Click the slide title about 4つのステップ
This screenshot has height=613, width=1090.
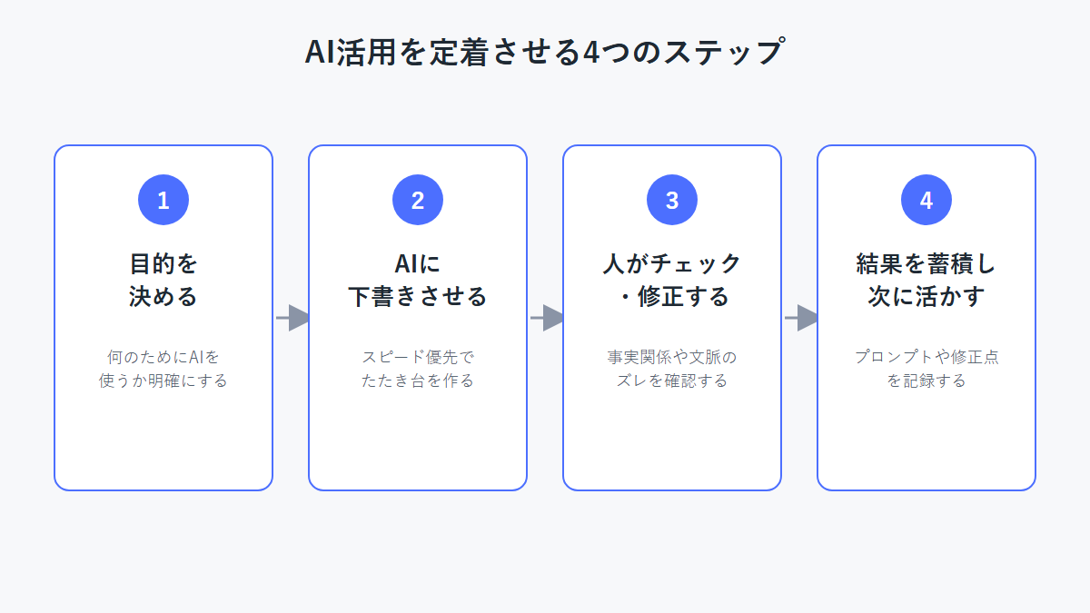(545, 52)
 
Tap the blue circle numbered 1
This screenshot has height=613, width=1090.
(163, 200)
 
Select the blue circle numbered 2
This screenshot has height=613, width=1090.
(418, 200)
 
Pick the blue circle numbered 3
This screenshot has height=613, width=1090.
(672, 200)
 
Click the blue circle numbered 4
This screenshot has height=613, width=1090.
(926, 200)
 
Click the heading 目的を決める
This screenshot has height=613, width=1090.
(163, 281)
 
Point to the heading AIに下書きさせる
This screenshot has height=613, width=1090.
(418, 281)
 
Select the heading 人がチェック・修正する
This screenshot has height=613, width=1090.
(672, 281)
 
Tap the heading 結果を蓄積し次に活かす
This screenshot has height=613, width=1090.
(926, 281)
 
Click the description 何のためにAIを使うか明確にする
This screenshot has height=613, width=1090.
(163, 369)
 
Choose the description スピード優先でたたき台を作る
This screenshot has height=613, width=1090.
(418, 369)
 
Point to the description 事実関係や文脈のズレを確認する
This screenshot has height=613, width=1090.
(672, 369)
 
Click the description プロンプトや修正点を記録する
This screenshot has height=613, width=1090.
(926, 369)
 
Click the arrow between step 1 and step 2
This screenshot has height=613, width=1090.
(292, 318)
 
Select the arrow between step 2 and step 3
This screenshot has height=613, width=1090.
(547, 318)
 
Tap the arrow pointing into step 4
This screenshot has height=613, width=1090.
(801, 318)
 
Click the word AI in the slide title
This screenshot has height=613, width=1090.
(319, 52)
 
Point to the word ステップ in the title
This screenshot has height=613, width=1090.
(724, 52)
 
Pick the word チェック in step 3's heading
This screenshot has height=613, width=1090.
(696, 264)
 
